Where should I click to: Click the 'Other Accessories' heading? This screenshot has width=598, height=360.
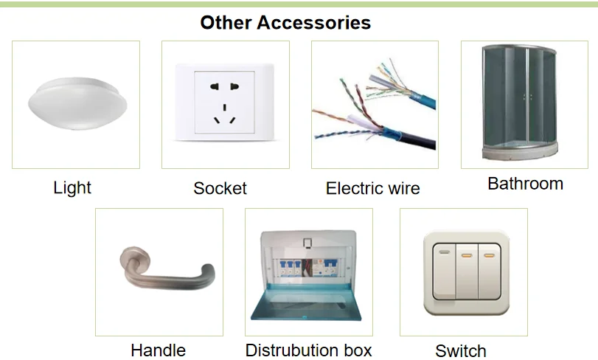pos(285,23)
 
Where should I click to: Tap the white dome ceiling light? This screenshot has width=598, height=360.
pos(75,102)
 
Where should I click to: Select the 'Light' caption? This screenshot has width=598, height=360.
pos(72,188)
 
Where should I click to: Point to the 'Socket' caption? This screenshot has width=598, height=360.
pos(220,188)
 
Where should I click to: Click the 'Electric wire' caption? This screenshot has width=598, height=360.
pos(372,188)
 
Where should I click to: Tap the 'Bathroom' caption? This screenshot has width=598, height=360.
pos(525,184)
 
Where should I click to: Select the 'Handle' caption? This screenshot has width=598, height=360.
pos(158,350)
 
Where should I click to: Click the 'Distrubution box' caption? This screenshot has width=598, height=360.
pos(308,350)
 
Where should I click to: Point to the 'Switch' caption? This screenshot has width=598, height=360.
pos(461,351)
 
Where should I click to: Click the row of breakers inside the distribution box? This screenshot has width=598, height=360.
pos(308,268)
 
